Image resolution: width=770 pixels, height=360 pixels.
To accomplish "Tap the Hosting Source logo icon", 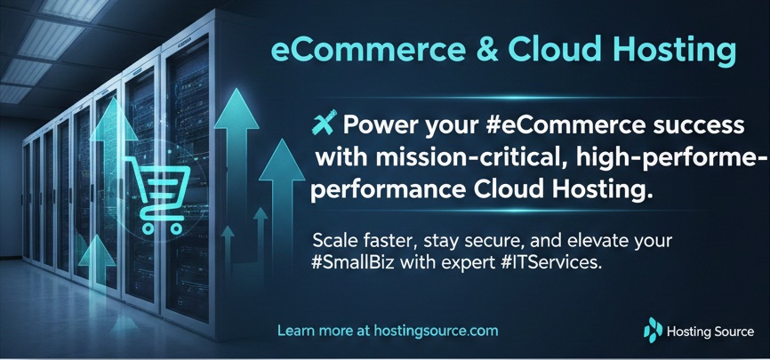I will [x=653, y=331].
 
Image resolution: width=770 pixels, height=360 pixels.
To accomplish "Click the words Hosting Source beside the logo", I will [x=711, y=332].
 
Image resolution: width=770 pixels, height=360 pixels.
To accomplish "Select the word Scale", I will [x=334, y=241].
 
